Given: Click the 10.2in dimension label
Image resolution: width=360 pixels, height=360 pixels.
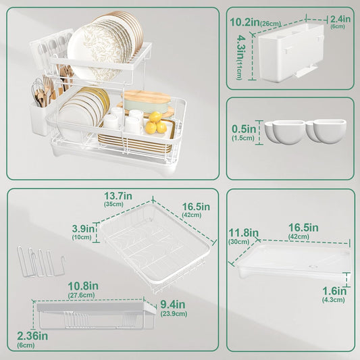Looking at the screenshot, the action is pyautogui.click(x=245, y=22).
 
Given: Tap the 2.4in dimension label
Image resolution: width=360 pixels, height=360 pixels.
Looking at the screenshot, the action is pyautogui.click(x=340, y=19).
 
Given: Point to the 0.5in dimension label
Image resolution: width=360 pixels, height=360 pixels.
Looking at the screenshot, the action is pyautogui.click(x=244, y=129).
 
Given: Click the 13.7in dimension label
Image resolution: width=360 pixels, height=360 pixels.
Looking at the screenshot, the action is pyautogui.click(x=118, y=196).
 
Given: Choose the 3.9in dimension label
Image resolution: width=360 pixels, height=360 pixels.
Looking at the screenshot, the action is pyautogui.click(x=83, y=229).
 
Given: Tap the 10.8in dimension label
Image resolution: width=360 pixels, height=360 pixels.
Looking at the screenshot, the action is pyautogui.click(x=83, y=286).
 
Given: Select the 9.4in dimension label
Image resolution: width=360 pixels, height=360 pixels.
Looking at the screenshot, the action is pyautogui.click(x=173, y=305).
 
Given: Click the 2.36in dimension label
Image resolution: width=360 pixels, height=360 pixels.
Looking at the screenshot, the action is pyautogui.click(x=32, y=336).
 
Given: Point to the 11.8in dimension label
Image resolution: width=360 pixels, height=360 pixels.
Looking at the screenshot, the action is pyautogui.click(x=244, y=233).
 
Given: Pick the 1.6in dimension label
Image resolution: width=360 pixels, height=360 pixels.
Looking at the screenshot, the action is pyautogui.click(x=334, y=291).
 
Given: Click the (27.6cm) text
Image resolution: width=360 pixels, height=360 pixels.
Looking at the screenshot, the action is pyautogui.click(x=82, y=295).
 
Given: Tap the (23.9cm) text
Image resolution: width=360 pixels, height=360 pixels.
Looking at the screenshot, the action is pyautogui.click(x=174, y=313).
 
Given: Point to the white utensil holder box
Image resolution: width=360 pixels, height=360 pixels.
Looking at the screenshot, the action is pyautogui.click(x=291, y=52).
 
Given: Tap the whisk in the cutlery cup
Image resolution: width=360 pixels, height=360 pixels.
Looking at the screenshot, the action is pyautogui.click(x=37, y=89).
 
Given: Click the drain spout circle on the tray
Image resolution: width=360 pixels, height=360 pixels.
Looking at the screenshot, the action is pyautogui.click(x=313, y=267).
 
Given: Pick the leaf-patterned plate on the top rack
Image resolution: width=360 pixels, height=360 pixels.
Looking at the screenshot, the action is pyautogui.click(x=97, y=51).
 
